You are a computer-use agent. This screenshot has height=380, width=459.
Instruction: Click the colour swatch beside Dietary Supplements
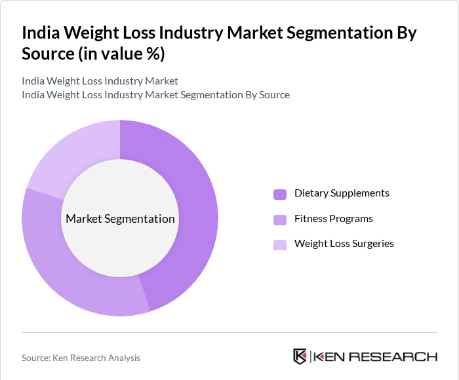[280, 194]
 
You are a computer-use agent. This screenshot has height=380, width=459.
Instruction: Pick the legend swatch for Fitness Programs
[280, 219]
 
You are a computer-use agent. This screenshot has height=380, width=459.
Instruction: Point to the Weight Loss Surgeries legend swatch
[280, 244]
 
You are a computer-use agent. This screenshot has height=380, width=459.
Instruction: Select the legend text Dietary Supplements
[342, 193]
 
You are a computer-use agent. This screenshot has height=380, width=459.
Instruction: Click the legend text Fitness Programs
[333, 219]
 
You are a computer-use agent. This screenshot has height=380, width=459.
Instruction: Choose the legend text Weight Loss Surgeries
[344, 244]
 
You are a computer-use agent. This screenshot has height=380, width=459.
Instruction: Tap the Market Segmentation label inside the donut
[120, 219]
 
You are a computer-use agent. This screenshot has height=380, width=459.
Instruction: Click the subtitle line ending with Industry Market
[100, 81]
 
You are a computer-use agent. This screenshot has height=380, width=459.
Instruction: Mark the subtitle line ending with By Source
[155, 94]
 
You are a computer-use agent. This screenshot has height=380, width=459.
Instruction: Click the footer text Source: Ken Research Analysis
[81, 358]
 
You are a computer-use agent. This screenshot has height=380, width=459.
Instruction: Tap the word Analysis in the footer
[123, 358]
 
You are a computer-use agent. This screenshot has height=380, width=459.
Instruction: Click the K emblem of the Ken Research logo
[300, 356]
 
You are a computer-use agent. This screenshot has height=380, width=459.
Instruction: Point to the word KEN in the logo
[329, 357]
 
